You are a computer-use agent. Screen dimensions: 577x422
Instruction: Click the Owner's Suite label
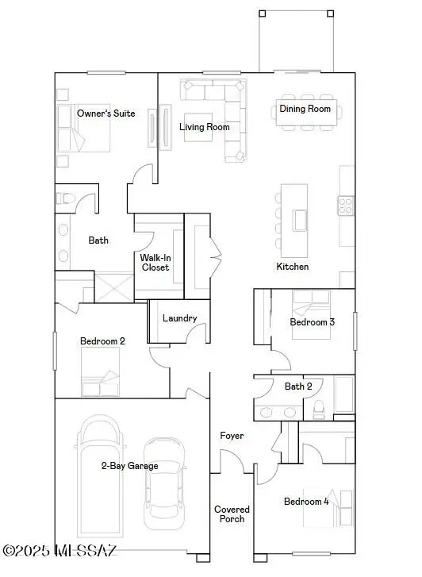tap(105, 113)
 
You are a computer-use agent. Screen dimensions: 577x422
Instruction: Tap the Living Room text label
tap(204, 127)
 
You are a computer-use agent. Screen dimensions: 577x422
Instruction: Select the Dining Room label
tap(305, 109)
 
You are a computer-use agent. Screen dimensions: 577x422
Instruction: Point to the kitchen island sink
tap(300, 218)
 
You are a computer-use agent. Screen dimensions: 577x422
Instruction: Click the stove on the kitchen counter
tap(347, 206)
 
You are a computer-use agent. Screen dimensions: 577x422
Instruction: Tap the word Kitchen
tap(292, 267)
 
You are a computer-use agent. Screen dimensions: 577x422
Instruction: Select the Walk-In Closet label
tap(155, 263)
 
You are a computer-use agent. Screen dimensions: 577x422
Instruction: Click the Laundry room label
tap(179, 318)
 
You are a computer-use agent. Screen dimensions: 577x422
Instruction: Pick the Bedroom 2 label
tap(102, 341)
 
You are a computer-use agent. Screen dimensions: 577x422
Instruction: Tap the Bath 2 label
tap(298, 387)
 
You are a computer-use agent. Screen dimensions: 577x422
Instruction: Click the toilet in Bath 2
tap(320, 409)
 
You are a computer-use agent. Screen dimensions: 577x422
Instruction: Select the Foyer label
tap(232, 436)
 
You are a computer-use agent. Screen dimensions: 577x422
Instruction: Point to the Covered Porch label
tap(232, 514)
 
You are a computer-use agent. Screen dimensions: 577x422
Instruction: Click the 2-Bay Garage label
tap(129, 466)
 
